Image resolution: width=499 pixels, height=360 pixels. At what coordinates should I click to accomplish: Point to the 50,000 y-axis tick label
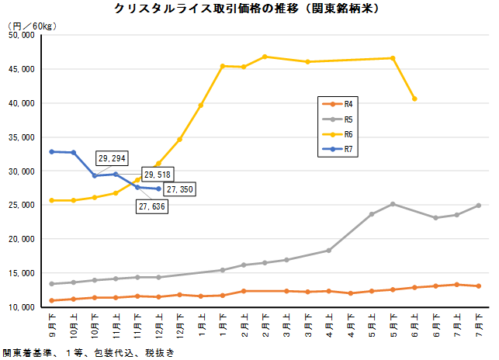[20, 35]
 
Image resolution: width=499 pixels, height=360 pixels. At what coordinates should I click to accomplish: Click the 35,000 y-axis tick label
[20, 137]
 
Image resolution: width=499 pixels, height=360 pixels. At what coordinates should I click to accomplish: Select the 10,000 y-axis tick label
[20, 307]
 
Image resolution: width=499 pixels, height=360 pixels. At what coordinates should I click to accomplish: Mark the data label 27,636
[151, 206]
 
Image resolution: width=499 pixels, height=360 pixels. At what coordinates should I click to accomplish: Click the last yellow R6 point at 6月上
[414, 99]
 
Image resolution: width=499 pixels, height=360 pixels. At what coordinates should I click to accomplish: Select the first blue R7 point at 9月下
[52, 151]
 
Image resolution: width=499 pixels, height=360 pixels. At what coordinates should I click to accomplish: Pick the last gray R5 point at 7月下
[479, 206]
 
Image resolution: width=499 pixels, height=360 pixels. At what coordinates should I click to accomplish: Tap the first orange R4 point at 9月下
[52, 300]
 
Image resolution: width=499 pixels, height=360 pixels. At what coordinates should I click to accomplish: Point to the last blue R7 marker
[159, 189]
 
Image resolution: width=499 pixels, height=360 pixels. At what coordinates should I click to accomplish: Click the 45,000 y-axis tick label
[20, 69]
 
